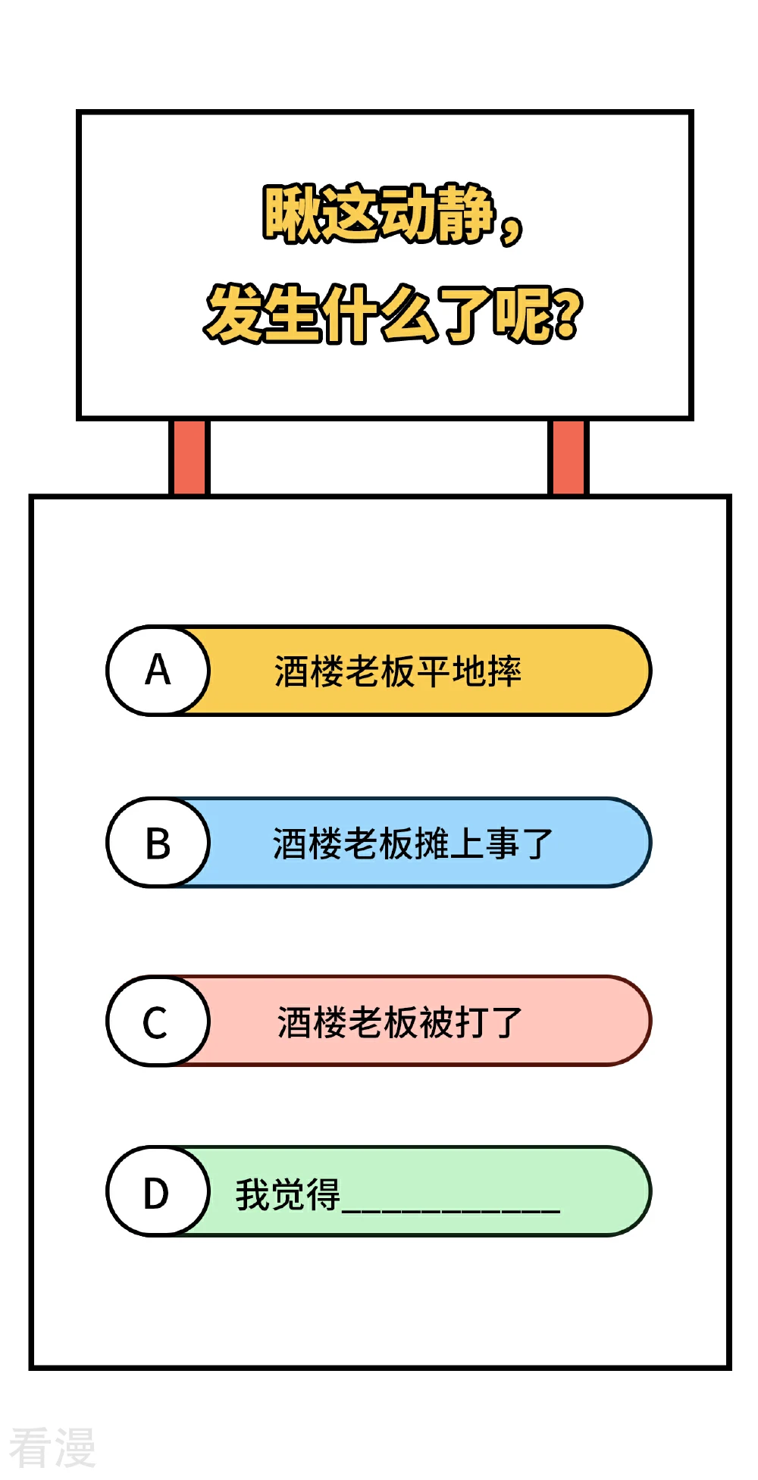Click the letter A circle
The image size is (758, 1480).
click(158, 671)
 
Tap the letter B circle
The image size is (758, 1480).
click(158, 842)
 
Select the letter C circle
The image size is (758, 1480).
click(158, 1021)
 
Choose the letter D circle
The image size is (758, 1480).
click(158, 1191)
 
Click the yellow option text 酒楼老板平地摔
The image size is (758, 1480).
click(398, 671)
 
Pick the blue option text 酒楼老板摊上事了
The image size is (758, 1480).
click(413, 843)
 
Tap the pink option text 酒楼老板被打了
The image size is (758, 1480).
click(399, 1022)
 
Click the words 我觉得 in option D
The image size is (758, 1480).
click(288, 1194)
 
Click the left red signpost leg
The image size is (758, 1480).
click(189, 457)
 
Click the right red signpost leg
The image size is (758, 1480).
click(568, 457)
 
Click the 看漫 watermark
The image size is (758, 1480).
click(52, 1447)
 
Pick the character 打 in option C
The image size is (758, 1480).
click(471, 1022)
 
